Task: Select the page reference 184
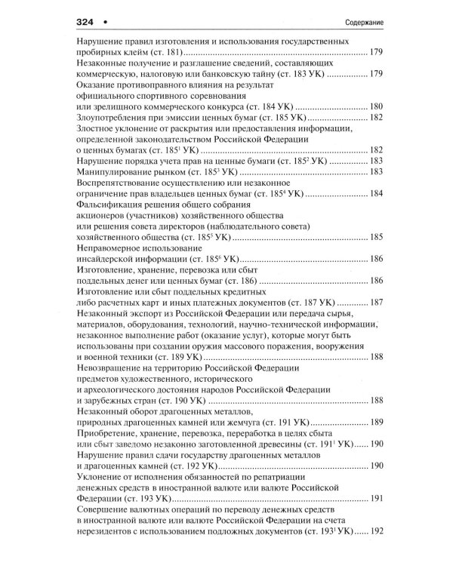377,194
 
